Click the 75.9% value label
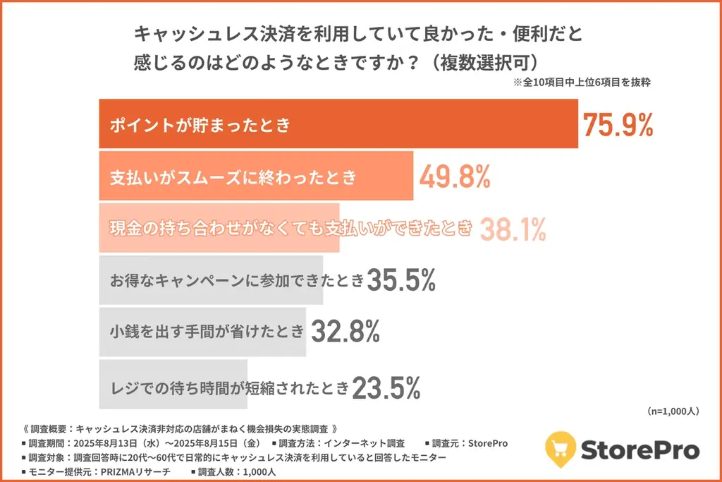tap(618, 125)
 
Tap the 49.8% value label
tap(455, 177)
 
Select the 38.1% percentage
tap(513, 228)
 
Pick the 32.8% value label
tap(346, 330)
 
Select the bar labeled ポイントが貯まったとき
tap(338, 125)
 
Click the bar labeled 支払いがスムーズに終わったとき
tap(255, 177)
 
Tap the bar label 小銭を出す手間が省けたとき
tap(207, 331)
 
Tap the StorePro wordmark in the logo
tap(640, 450)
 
